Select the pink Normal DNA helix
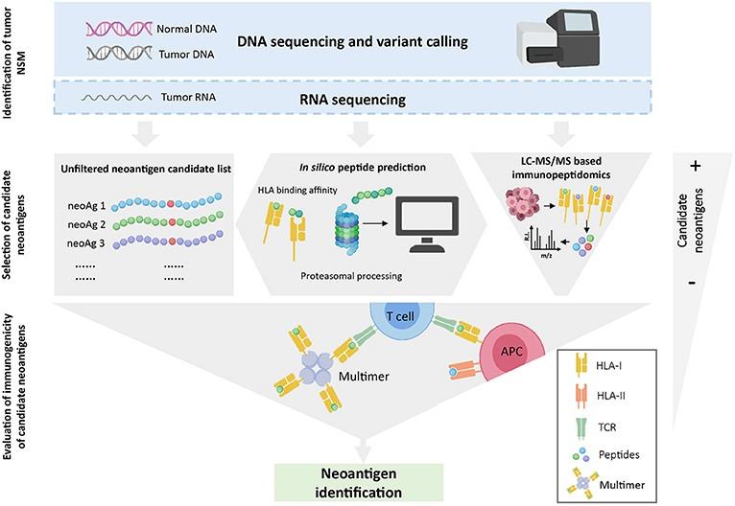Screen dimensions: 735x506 [x=119, y=29]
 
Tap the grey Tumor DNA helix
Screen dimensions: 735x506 [x=119, y=54]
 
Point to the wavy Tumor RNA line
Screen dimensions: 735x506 [x=117, y=98]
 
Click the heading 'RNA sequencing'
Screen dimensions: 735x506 [x=352, y=100]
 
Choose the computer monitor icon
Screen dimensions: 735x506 [x=427, y=224]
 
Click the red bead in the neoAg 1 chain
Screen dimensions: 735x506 [x=171, y=204]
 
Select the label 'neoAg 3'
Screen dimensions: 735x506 [x=85, y=243]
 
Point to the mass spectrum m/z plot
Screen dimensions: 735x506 [x=544, y=242]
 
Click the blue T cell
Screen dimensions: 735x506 [x=400, y=316]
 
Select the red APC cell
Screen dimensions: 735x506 [x=511, y=352]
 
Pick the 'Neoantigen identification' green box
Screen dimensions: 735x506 [x=359, y=483]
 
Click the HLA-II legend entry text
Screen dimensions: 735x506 [x=610, y=396]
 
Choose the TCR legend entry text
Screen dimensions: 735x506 [x=607, y=426]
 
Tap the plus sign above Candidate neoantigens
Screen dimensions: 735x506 [x=695, y=166]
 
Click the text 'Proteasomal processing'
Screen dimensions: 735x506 [x=351, y=276]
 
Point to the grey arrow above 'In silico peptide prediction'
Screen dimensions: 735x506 [x=361, y=134]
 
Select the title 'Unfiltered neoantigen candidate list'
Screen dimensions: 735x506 [x=146, y=169]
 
